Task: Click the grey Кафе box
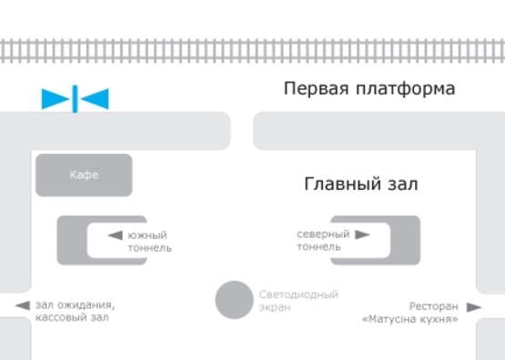[84, 175]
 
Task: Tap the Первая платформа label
[369, 89]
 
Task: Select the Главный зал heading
[360, 185]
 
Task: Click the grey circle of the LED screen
[234, 300]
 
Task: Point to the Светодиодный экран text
[298, 301]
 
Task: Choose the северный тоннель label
[323, 240]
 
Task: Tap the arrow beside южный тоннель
[115, 235]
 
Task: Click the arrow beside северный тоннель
[362, 235]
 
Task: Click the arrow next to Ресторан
[473, 307]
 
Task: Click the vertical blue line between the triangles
[75, 98]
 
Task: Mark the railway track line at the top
[252, 50]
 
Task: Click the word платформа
[401, 89]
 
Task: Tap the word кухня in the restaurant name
[439, 319]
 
